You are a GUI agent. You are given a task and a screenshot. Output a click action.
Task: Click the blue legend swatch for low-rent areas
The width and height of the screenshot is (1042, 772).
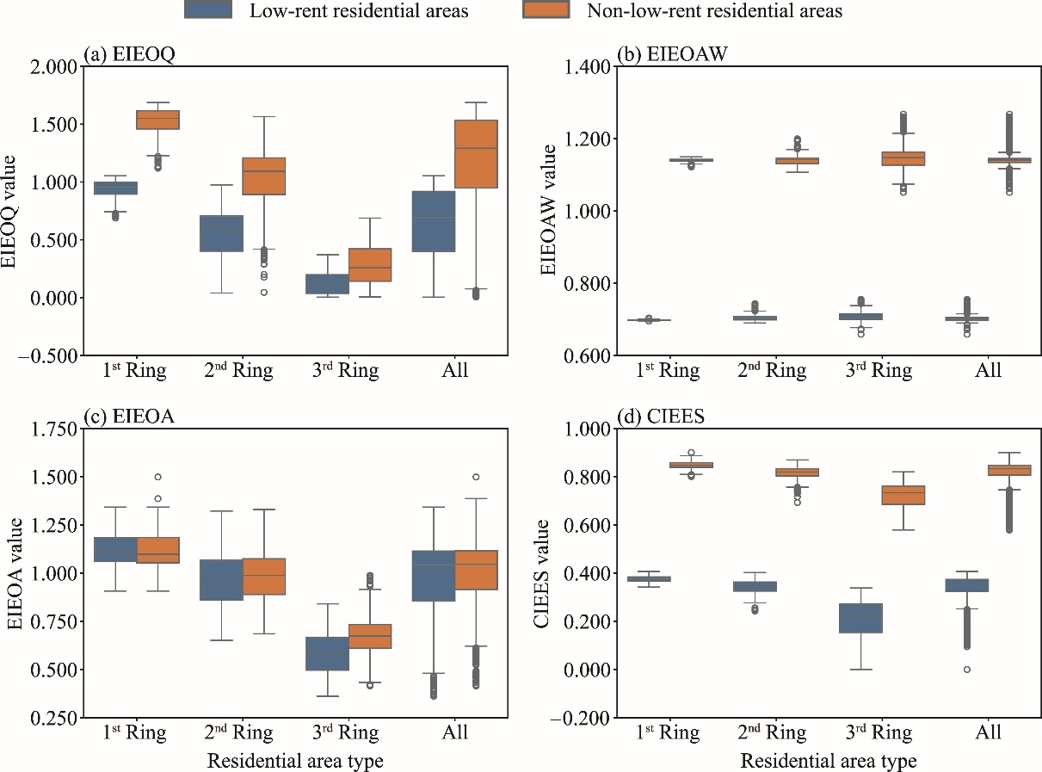209,10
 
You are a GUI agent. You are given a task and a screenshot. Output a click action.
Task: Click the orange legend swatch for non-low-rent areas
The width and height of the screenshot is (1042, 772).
546,10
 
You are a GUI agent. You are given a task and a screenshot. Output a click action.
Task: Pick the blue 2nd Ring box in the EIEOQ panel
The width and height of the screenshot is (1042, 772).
222,233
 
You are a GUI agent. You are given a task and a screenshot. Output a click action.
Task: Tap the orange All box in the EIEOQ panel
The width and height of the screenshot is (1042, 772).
476,154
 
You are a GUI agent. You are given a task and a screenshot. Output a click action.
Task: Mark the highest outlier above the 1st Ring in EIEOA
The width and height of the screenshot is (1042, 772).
156,477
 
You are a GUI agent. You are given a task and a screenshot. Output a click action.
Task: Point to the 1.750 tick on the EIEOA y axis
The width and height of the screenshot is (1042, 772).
52,429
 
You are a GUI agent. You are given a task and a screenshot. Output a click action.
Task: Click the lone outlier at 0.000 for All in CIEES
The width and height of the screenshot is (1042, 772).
967,669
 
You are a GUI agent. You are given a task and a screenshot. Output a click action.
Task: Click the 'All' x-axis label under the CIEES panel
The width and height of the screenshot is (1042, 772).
989,733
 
